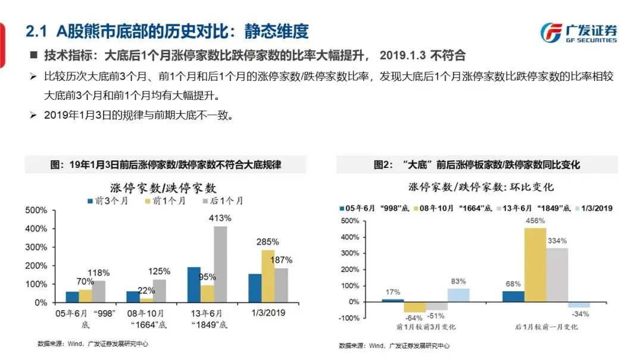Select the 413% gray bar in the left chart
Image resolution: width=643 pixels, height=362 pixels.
click(x=220, y=264)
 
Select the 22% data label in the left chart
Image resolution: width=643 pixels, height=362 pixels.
click(x=146, y=290)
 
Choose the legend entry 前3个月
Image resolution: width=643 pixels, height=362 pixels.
click(x=104, y=201)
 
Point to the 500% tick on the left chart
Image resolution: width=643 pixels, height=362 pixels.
click(x=36, y=210)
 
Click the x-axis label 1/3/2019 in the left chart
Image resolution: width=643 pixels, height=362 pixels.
click(x=268, y=313)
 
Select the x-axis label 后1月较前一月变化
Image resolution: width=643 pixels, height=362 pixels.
click(x=546, y=327)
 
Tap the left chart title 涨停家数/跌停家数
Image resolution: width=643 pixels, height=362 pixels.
click(x=163, y=188)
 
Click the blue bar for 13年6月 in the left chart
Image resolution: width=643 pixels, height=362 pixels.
click(x=194, y=285)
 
